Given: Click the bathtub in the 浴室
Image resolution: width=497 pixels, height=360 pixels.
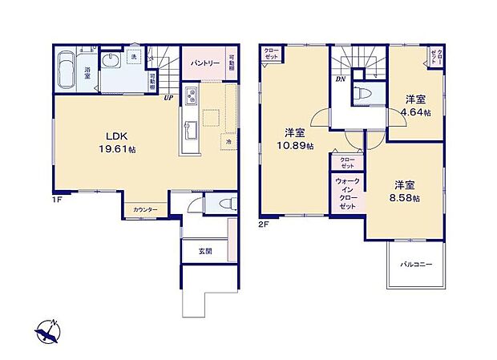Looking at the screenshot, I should (x=66, y=71).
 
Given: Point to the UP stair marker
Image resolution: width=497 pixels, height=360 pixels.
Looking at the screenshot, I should (x=169, y=99).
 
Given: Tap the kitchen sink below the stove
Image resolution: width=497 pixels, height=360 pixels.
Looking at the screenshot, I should (x=190, y=128).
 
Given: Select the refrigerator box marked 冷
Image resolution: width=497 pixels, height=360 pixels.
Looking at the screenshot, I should (x=228, y=142).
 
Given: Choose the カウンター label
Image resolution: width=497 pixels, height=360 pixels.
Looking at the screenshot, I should (x=145, y=209).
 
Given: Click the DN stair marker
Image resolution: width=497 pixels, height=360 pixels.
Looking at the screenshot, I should (x=341, y=79).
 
